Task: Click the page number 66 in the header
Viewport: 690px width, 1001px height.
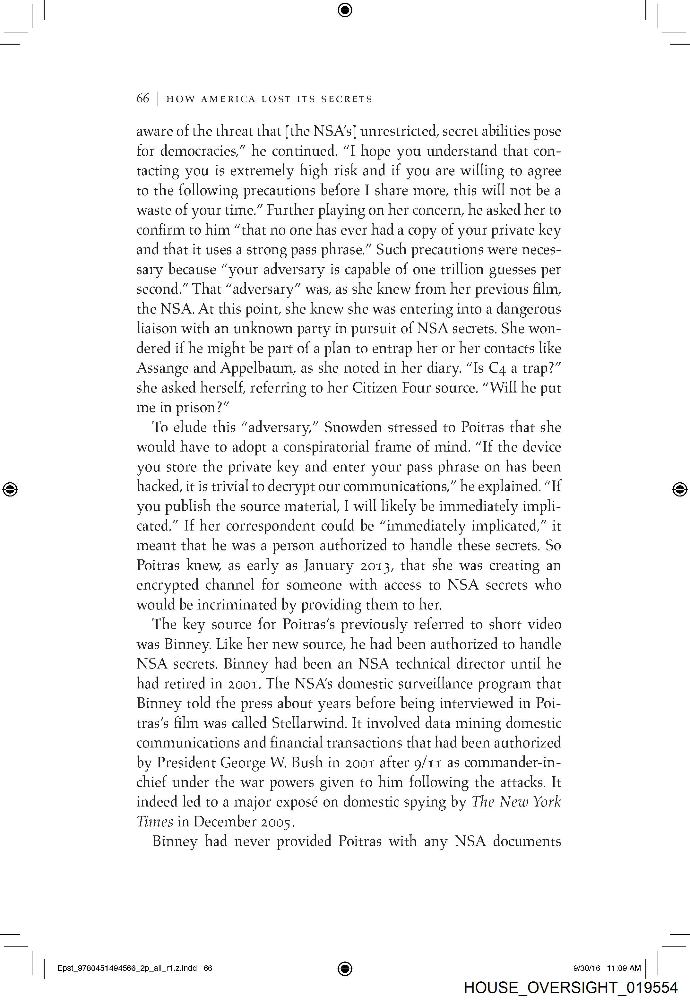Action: tap(143, 99)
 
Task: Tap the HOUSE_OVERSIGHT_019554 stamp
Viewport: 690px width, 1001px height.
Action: tap(570, 988)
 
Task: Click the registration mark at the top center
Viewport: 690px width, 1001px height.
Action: tap(345, 10)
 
